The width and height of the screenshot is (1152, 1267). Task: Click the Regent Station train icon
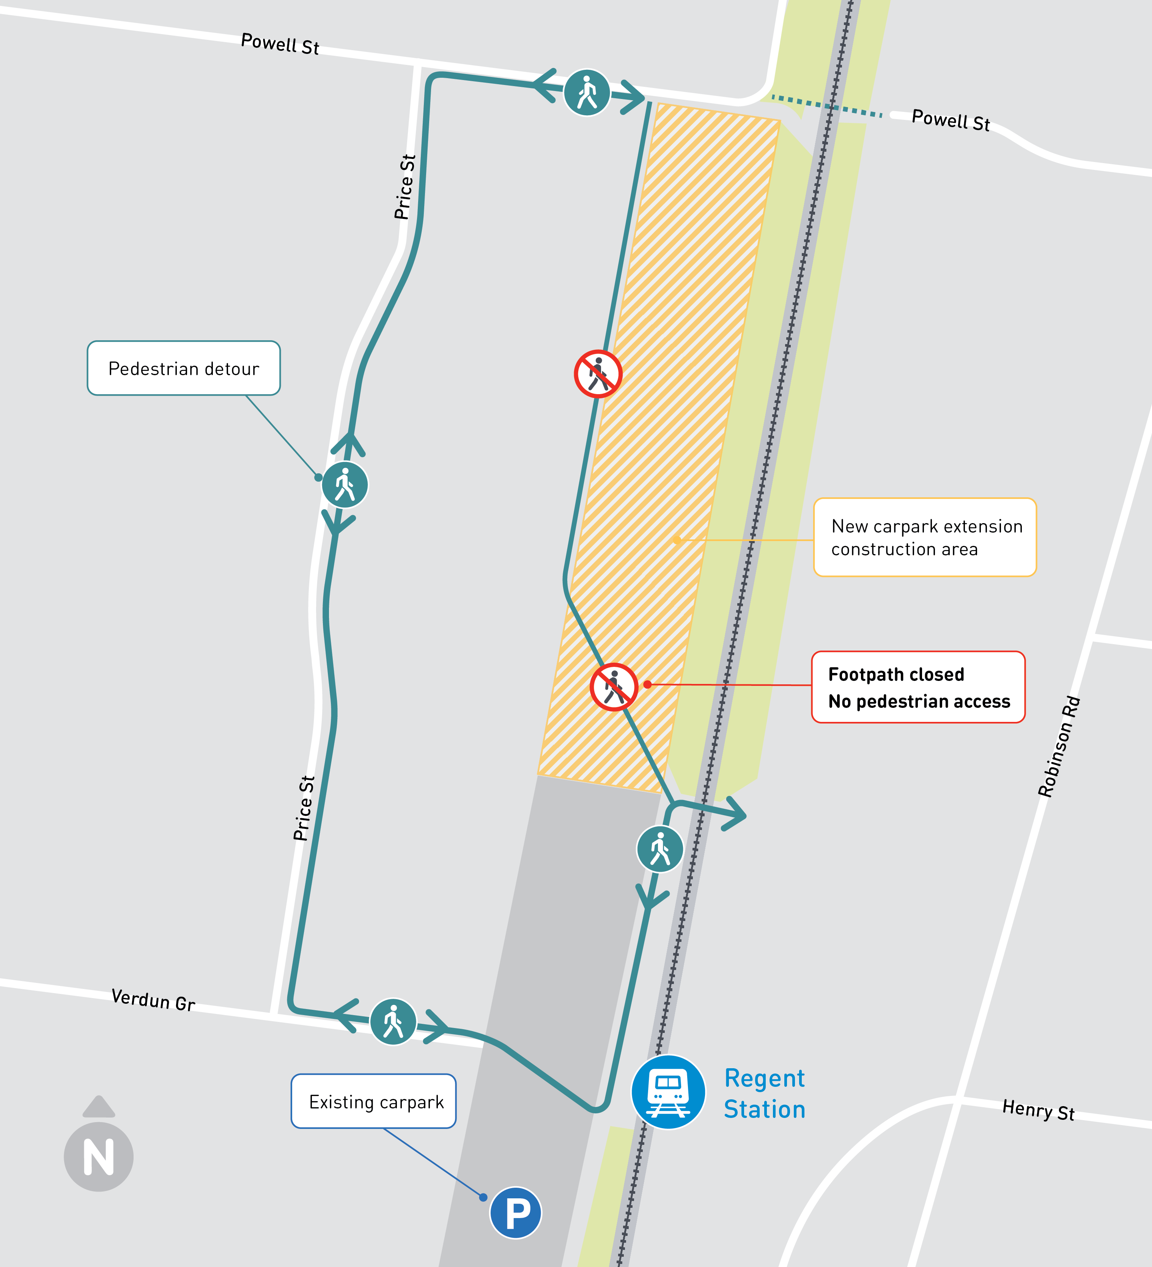[x=668, y=1092]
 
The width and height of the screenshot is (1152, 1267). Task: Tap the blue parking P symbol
[x=515, y=1212]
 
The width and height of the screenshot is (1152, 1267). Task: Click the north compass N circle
[x=99, y=1156]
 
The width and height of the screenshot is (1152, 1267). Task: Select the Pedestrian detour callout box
[x=184, y=368]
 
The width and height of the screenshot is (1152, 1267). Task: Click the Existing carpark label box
[x=374, y=1101]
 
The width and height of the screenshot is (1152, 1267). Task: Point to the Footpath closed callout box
[x=918, y=687]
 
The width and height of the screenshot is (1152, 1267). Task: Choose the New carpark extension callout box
[x=924, y=538]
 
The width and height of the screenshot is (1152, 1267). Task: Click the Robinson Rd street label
[x=1059, y=747]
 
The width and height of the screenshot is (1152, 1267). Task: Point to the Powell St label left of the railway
[x=280, y=44]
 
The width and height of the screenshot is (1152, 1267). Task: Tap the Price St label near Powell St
[x=405, y=187]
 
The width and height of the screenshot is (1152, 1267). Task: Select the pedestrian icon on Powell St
[x=586, y=93]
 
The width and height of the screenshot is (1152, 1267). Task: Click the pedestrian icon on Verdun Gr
[x=393, y=1021]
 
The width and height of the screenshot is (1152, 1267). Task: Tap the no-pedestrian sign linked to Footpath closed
[x=614, y=687]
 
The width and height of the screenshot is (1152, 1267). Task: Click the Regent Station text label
[x=764, y=1094]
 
